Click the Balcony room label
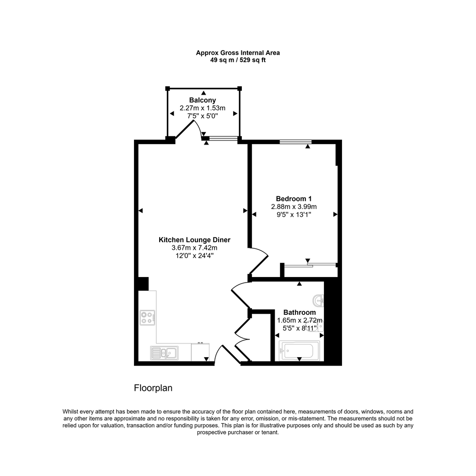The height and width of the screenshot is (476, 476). point(202,100)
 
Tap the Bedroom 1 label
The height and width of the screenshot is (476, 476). point(294,199)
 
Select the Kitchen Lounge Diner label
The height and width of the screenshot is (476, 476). point(194,240)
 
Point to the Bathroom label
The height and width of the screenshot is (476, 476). point(299,312)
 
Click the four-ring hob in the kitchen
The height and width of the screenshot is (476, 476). point(148,318)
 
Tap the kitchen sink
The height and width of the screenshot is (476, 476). point(164,353)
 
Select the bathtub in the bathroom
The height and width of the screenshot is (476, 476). point(299,351)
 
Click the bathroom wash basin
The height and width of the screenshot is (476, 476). point(318,301)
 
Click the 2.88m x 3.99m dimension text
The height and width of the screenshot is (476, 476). point(294,207)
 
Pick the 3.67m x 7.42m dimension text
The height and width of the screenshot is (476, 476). point(194,248)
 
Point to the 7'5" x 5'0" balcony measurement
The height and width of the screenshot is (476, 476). point(202,116)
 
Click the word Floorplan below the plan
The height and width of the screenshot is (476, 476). point(153,388)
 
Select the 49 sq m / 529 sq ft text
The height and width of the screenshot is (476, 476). point(238,60)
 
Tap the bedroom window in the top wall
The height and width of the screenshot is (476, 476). point(296,141)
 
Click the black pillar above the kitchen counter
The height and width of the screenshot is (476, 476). point(143,284)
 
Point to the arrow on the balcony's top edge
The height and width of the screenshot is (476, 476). point(203,93)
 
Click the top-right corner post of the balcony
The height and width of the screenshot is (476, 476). point(240,88)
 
